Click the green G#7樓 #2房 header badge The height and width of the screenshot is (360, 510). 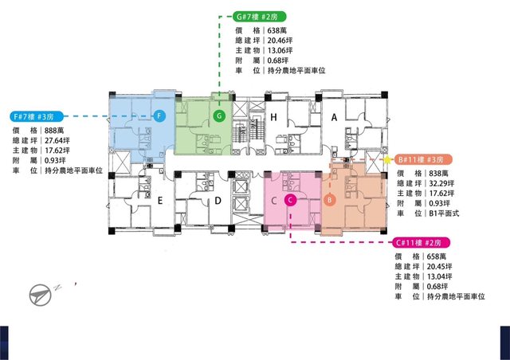[x=260, y=16]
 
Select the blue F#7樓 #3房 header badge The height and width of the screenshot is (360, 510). [x=37, y=116]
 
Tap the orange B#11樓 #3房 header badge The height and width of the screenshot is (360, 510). [x=423, y=159]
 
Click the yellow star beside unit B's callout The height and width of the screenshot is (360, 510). [x=387, y=159]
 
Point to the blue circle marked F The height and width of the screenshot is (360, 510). [x=159, y=115]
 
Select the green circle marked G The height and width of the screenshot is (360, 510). [x=220, y=115]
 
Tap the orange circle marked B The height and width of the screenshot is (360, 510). [x=329, y=200]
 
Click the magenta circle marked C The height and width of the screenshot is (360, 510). [x=290, y=201]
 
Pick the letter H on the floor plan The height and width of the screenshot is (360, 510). [x=273, y=117]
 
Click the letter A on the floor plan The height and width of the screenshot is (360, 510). [x=334, y=117]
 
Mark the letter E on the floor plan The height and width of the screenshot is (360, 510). [x=159, y=201]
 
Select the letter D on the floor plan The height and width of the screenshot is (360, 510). [x=218, y=201]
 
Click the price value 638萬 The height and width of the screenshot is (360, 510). [x=277, y=30]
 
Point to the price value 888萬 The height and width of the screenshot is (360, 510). [x=54, y=131]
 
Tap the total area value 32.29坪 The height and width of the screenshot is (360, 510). [x=441, y=183]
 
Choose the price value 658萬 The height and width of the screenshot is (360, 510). [x=437, y=256]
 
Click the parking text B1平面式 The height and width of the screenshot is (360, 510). [x=444, y=213]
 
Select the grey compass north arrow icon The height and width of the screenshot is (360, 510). [x=41, y=295]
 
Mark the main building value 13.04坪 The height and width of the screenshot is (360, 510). [x=439, y=276]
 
